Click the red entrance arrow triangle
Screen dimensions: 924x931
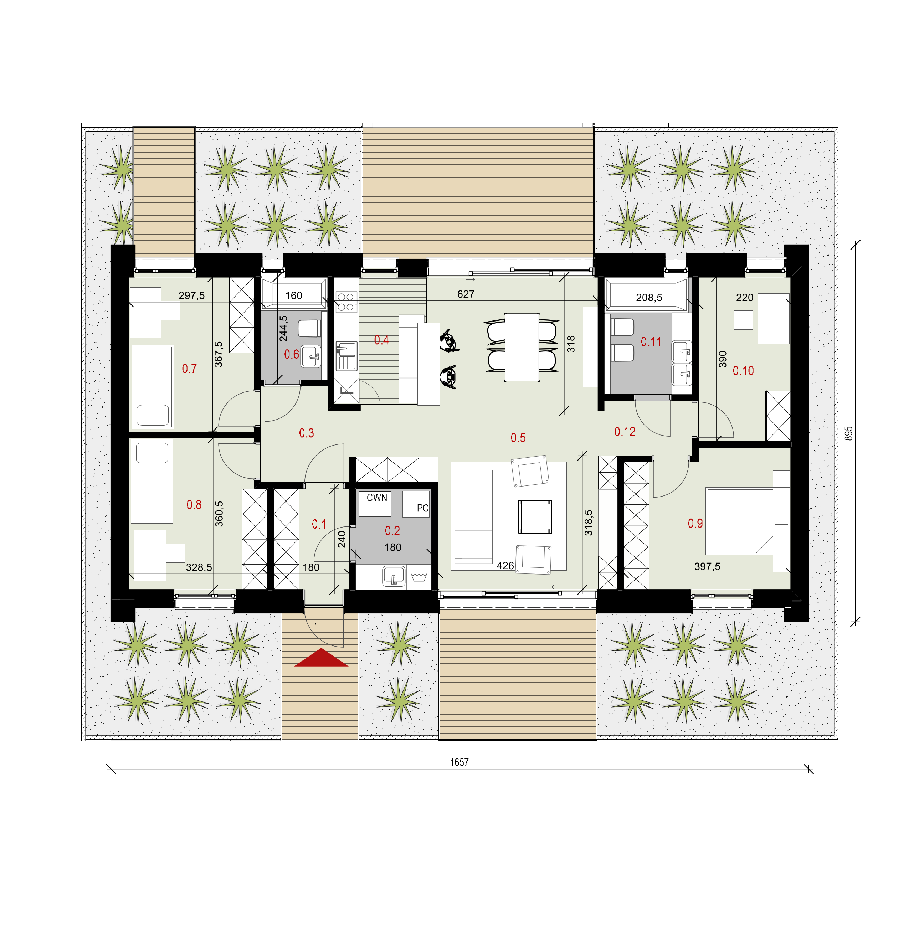click(x=321, y=659)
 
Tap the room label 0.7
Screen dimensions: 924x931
click(x=189, y=369)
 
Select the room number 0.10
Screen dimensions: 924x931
click(x=743, y=371)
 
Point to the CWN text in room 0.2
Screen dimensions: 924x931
click(x=376, y=497)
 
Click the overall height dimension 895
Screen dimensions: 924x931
click(x=849, y=433)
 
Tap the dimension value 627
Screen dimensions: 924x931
click(x=466, y=294)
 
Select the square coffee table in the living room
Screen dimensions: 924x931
click(x=535, y=516)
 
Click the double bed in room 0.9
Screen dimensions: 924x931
click(x=747, y=521)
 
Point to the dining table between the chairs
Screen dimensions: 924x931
click(x=522, y=347)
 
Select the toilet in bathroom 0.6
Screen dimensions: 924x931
click(x=309, y=329)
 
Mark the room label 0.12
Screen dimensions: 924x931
click(x=624, y=432)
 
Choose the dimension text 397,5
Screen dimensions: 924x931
click(x=707, y=567)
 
